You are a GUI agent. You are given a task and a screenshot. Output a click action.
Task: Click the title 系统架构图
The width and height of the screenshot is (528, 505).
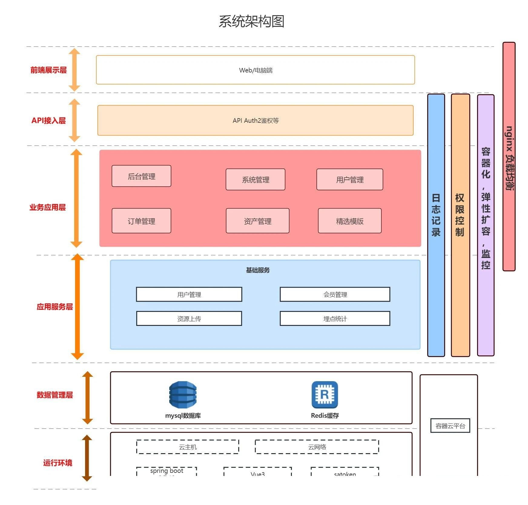pyautogui.click(x=251, y=22)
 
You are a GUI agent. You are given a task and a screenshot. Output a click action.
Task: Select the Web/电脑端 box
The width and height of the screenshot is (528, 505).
pyautogui.click(x=255, y=70)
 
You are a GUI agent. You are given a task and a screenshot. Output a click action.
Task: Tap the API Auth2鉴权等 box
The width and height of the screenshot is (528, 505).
pyautogui.click(x=255, y=120)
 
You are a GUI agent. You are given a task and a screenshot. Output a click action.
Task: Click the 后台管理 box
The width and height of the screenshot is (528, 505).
pyautogui.click(x=141, y=176)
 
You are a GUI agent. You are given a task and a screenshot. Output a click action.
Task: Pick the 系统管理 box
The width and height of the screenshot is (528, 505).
pyautogui.click(x=255, y=179)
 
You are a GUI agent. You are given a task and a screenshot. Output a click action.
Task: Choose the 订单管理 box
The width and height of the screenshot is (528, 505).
pyautogui.click(x=141, y=221)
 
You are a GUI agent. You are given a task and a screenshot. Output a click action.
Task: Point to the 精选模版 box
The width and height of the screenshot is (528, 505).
pyautogui.click(x=349, y=221)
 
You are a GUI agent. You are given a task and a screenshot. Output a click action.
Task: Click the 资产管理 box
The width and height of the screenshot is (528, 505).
pyautogui.click(x=257, y=221)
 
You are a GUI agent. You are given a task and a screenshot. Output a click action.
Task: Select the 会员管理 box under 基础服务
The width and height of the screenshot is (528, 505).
pyautogui.click(x=335, y=294)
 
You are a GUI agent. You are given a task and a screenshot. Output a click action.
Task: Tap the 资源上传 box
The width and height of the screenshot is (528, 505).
pyautogui.click(x=189, y=319)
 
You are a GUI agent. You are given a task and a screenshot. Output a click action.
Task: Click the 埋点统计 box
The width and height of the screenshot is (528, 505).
pyautogui.click(x=335, y=319)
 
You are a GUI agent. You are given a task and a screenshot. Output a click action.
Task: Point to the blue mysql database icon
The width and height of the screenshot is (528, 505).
pyautogui.click(x=183, y=395)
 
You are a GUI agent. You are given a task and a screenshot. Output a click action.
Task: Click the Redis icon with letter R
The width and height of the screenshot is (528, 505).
pyautogui.click(x=325, y=395)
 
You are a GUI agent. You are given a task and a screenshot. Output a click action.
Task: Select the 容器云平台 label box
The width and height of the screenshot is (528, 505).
pyautogui.click(x=450, y=426)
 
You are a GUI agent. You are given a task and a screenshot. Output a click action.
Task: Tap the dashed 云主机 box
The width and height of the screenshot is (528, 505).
pyautogui.click(x=187, y=447)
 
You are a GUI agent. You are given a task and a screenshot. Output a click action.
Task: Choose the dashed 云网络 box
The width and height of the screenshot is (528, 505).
pyautogui.click(x=317, y=447)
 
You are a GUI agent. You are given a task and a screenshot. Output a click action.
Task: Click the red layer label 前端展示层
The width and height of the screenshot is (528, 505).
pyautogui.click(x=48, y=70)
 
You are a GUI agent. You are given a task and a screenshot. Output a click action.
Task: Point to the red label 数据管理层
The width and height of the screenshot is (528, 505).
pyautogui.click(x=55, y=395)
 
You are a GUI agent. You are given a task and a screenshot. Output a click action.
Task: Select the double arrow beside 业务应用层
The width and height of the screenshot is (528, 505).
pyautogui.click(x=76, y=198)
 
